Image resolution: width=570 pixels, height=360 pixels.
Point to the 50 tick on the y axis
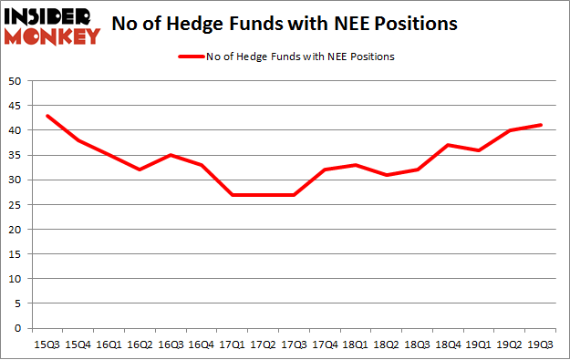pos(16,81)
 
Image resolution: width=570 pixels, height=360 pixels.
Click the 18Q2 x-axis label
pos(387,344)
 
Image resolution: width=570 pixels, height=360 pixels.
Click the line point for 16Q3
pos(170,155)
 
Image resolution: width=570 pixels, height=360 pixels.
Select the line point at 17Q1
pos(232,195)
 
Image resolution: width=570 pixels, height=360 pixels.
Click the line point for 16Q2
pos(139,170)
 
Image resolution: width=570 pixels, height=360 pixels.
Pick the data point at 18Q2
pos(387,175)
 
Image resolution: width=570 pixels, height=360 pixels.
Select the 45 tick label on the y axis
pos(16,106)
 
